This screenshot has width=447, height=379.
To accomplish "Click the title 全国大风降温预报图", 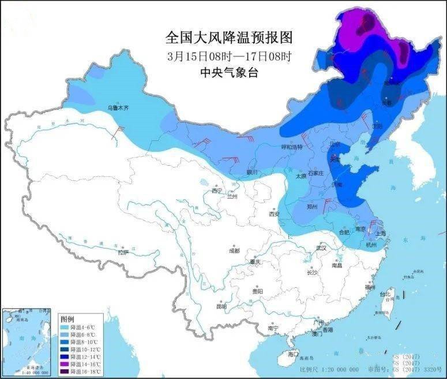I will tap(229, 38).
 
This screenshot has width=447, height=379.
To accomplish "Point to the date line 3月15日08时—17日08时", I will tap(229, 56).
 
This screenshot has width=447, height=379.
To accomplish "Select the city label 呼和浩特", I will tap(291, 147).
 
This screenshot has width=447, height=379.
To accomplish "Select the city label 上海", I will tap(380, 234).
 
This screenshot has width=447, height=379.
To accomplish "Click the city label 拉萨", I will tap(123, 252).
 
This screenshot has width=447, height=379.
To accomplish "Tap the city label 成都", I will tap(234, 251).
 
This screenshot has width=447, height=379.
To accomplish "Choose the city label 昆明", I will tap(221, 306).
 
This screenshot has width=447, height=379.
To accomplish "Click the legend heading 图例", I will tap(67, 319).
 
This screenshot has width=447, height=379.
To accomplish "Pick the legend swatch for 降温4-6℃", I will tap(65, 328).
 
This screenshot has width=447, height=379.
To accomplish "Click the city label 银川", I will tap(251, 172).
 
